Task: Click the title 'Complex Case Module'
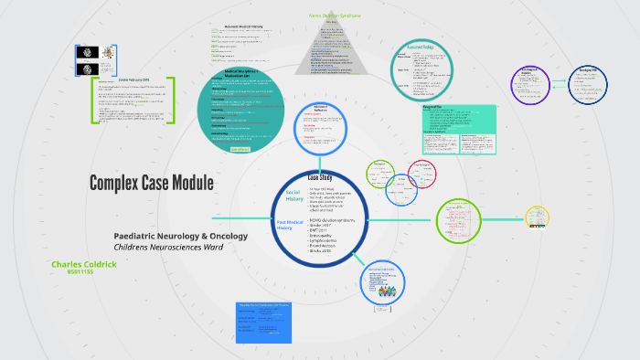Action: pyautogui.click(x=151, y=183)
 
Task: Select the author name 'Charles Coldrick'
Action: pyautogui.click(x=84, y=264)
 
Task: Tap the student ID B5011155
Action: pyautogui.click(x=80, y=272)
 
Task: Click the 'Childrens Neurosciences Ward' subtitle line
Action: pyautogui.click(x=169, y=248)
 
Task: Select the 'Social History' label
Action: pyautogui.click(x=293, y=196)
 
